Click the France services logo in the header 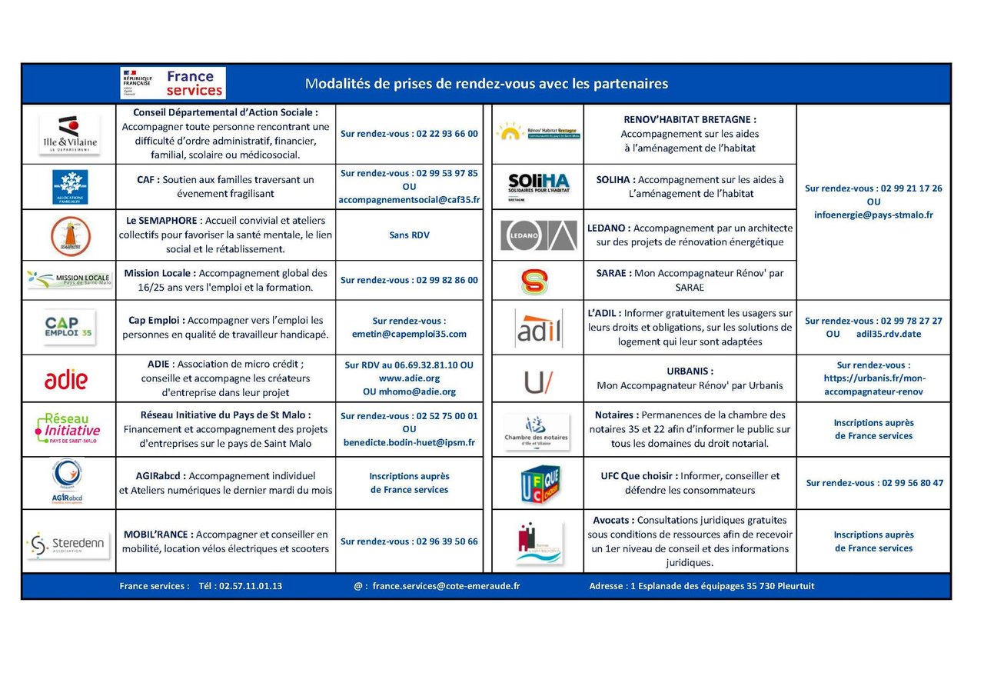tap(173, 83)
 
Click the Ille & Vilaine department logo tap(69, 134)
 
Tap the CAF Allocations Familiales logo tap(69, 187)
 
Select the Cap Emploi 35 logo tap(69, 327)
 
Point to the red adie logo tap(66, 379)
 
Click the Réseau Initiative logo tap(68, 428)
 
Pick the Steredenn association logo tap(68, 544)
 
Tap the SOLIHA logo tap(538, 185)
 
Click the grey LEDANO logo tap(538, 235)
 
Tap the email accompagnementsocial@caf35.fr tap(409, 200)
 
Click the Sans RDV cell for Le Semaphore tap(409, 235)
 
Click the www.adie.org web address tap(409, 378)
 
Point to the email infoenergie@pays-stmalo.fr tap(873, 215)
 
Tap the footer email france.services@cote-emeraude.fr tap(446, 586)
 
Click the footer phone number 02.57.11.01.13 tap(251, 586)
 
